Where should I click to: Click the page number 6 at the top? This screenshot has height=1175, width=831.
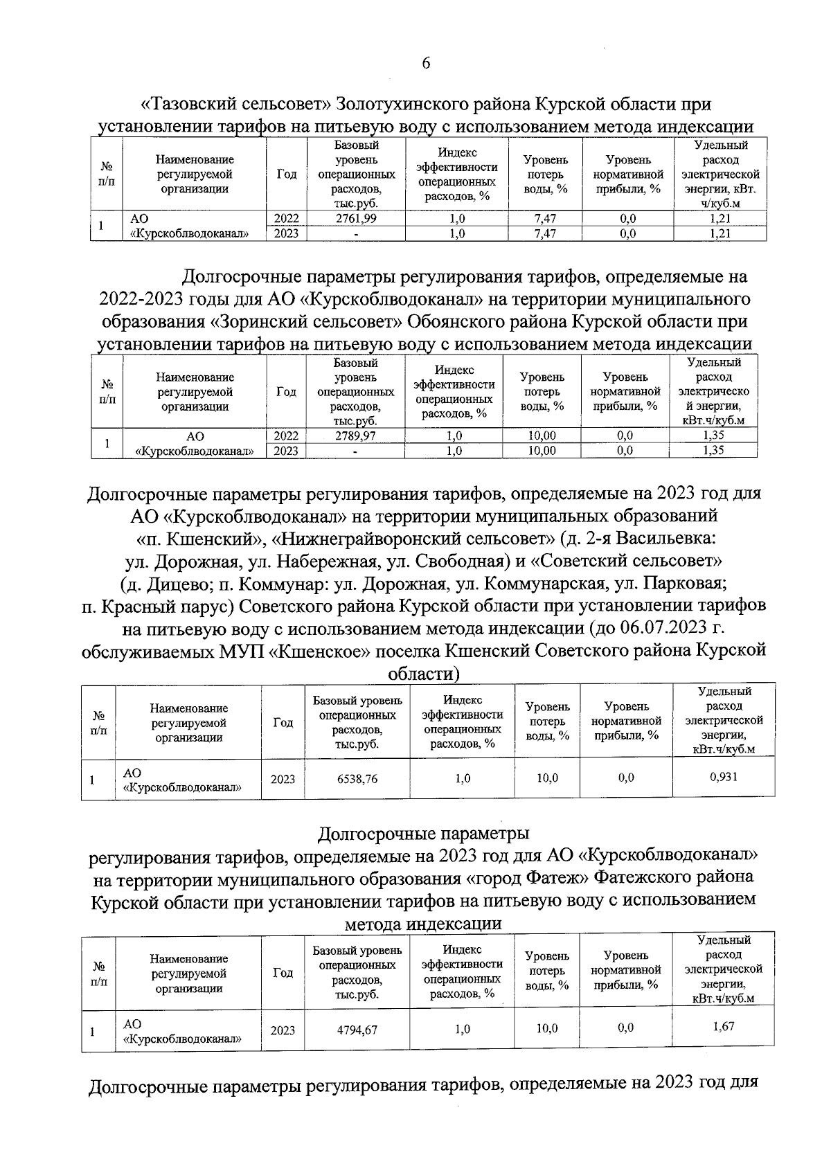click(426, 63)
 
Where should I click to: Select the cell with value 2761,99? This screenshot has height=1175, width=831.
click(356, 218)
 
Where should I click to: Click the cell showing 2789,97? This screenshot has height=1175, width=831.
click(355, 436)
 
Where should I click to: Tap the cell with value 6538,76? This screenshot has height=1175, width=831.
click(357, 778)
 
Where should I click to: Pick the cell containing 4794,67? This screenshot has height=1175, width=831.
click(357, 1030)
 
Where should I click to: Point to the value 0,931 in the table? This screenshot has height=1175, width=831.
click(724, 777)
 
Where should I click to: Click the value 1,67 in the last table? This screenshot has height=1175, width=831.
click(723, 1026)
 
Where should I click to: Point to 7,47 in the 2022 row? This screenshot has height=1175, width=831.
click(545, 218)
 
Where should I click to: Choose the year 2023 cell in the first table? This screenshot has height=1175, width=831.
click(287, 233)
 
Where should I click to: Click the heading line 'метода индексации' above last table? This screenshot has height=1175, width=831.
click(422, 924)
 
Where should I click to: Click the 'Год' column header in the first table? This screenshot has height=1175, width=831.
click(287, 174)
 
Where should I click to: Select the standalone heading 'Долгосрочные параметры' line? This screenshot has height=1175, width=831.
click(422, 832)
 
